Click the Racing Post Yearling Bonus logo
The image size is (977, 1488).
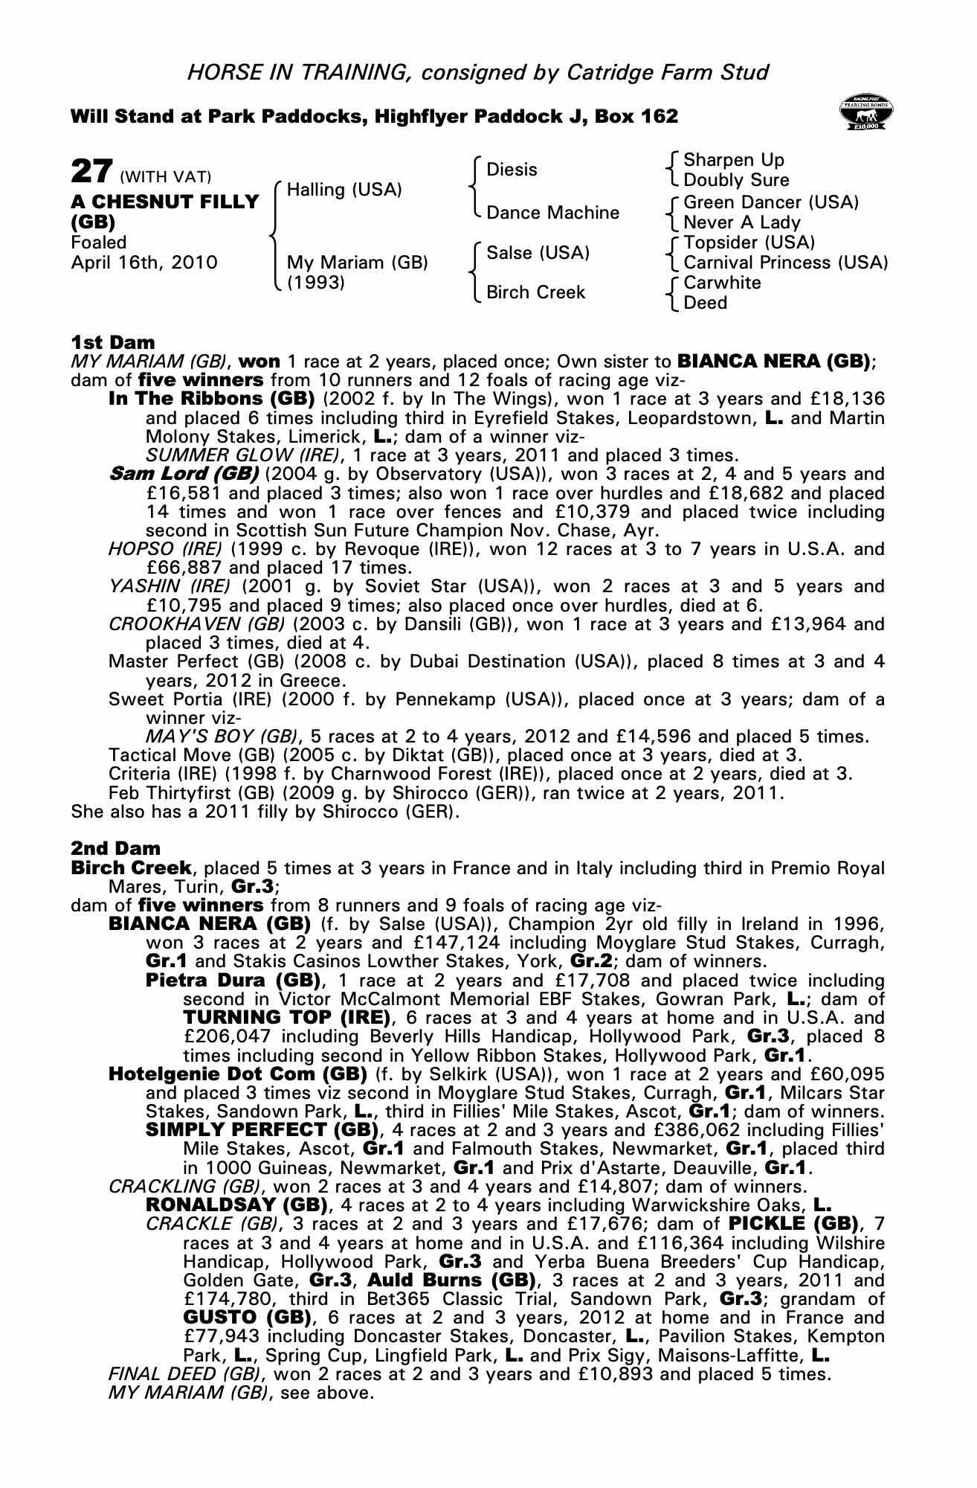click(865, 112)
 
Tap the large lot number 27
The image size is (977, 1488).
click(91, 172)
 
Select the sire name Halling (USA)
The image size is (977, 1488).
click(344, 190)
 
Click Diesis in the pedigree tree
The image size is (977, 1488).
click(512, 170)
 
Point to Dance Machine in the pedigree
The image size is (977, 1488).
click(552, 213)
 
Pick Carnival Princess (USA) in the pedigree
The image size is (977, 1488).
click(785, 263)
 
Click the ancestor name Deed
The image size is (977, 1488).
click(705, 303)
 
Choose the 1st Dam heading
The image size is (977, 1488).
click(113, 342)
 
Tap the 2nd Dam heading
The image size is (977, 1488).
click(115, 848)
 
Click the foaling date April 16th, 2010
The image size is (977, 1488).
click(144, 263)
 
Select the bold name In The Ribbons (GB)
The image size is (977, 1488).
click(212, 399)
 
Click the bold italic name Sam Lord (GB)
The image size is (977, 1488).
click(184, 474)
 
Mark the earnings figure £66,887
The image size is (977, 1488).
click(183, 568)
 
